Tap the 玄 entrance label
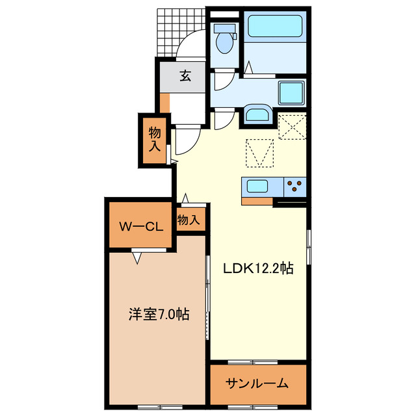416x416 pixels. coord(185,77)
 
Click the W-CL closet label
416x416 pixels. coord(140,226)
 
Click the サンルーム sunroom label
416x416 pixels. coord(257,383)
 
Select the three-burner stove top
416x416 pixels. coord(294,187)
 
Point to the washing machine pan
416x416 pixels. coord(292,94)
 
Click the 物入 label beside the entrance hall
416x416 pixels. coord(155,139)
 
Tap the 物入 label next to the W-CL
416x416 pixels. coord(189,220)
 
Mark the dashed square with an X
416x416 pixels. coord(292,127)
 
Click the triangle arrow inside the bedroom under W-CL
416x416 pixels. coord(137,258)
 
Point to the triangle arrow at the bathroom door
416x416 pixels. coord(249,67)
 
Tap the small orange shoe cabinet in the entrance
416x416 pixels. coord(165,102)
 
